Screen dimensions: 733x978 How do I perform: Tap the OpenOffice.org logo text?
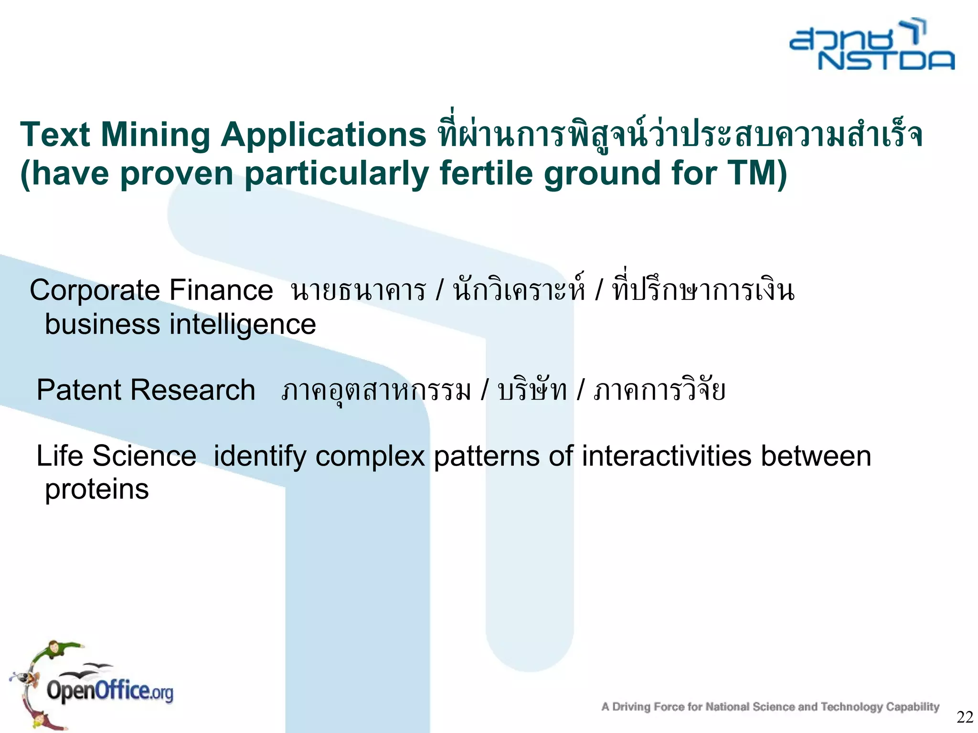(109, 691)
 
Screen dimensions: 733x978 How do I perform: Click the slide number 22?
(965, 717)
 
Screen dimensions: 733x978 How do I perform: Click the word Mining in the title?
(155, 135)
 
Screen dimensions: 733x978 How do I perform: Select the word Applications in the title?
(323, 135)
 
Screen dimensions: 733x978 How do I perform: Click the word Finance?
(221, 290)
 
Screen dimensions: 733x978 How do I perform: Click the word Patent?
(79, 390)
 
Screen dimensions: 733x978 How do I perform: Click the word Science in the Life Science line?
(144, 456)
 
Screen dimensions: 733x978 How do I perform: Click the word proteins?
(97, 490)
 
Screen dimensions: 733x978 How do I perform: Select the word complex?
(370, 457)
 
